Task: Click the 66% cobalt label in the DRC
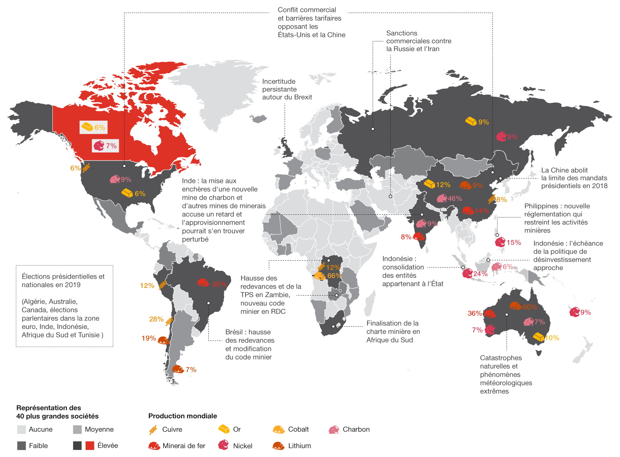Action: pos(334,276)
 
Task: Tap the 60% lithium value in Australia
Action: pos(530,307)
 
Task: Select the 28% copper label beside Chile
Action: pos(156,319)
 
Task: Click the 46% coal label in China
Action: pos(455,199)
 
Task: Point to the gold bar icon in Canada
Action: pos(87,127)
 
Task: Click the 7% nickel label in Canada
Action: pos(111,146)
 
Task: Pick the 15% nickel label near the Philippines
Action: pos(514,243)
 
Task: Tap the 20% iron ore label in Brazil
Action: pos(219,284)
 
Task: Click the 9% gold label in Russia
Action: pos(483,122)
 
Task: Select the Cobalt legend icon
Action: pos(278,429)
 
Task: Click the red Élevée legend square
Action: pos(90,445)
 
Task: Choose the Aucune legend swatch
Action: pos(22,430)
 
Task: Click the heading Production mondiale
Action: pos(182,416)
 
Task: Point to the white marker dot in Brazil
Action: pos(208,303)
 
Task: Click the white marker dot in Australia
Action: pos(507,315)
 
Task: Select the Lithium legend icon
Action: pos(278,446)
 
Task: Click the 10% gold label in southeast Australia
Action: pos(552,338)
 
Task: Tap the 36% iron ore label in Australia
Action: pos(474,313)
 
